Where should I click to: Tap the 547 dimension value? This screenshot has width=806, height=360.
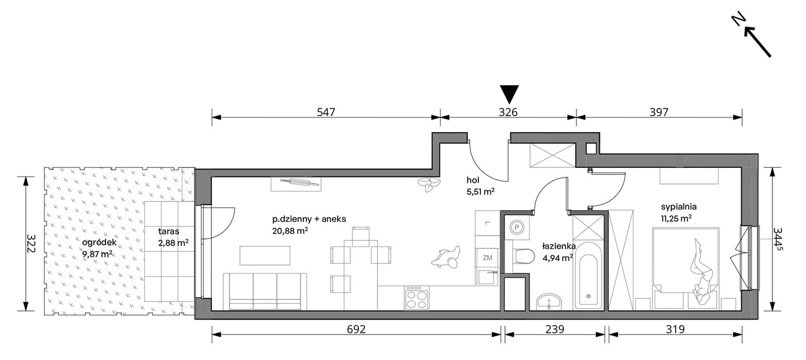tap(326, 112)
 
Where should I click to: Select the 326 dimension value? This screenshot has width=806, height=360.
tap(508, 112)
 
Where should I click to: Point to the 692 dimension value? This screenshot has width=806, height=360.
tap(356, 329)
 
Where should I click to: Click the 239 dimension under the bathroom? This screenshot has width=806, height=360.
tap(554, 329)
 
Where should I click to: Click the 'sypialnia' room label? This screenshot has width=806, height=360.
tap(679, 207)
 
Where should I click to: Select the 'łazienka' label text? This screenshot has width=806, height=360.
tap(559, 246)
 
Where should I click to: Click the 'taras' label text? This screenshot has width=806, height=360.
tap(169, 232)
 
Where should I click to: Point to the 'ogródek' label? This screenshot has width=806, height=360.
tap(99, 243)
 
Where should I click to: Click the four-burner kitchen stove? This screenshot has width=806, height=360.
tap(417, 299)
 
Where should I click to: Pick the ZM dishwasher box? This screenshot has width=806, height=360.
tap(487, 257)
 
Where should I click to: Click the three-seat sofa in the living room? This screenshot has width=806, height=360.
tap(265, 292)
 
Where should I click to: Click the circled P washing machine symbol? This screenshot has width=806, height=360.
tap(517, 227)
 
